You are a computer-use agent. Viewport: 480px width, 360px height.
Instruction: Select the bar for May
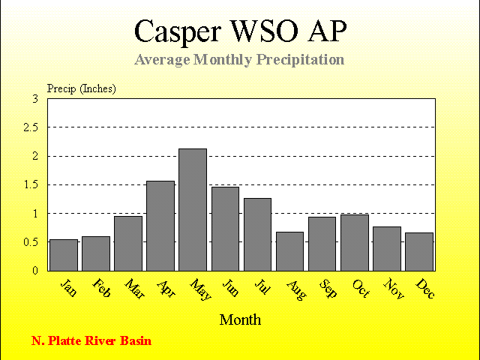193,210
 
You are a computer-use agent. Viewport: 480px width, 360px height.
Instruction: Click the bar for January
64,255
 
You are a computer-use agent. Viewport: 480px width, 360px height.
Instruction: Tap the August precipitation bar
290,251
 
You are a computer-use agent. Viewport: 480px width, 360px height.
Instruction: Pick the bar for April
160,226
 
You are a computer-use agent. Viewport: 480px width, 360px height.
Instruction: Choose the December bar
419,252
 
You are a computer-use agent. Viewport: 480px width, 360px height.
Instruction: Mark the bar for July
257,235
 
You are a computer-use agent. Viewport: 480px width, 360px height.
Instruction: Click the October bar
355,243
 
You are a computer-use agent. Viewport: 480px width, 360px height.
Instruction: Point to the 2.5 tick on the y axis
31,127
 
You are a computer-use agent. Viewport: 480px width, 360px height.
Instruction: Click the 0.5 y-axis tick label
31,242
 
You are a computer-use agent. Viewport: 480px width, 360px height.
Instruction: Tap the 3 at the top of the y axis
35,99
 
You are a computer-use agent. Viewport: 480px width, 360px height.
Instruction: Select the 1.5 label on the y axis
31,185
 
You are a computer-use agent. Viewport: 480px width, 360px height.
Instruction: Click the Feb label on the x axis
101,288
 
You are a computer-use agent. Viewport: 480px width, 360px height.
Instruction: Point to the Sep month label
328,288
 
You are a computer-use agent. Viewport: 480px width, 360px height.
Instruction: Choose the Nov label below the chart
394,288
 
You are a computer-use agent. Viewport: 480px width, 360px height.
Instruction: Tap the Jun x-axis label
230,287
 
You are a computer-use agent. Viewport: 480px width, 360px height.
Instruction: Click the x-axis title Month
240,320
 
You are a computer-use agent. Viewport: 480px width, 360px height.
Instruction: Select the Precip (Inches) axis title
82,88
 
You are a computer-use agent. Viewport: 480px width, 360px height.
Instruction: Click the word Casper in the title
178,31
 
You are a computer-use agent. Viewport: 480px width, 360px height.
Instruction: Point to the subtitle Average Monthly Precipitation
239,60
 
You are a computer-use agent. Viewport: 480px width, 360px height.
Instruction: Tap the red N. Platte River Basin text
91,340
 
